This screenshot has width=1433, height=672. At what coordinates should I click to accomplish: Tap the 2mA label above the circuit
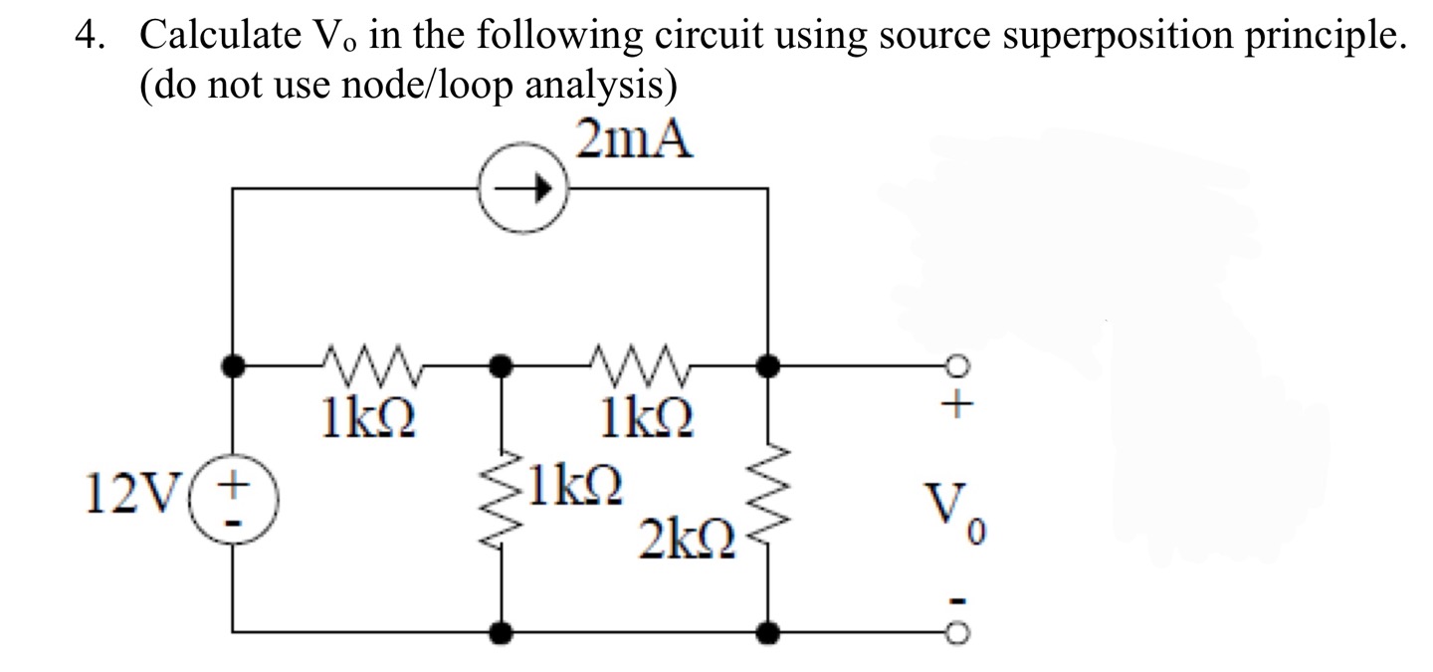(634, 140)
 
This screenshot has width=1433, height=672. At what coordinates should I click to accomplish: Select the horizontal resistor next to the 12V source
(367, 365)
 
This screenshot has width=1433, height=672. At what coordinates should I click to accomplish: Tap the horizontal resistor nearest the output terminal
(636, 365)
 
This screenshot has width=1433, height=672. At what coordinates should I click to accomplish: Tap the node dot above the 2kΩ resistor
(768, 366)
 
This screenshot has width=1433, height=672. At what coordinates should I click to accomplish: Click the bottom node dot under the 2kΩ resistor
(768, 631)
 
